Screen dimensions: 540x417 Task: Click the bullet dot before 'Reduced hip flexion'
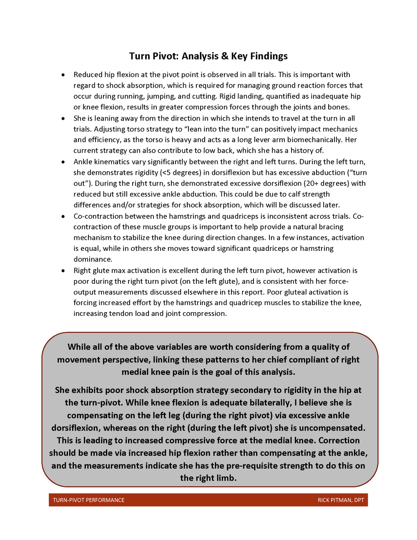63,75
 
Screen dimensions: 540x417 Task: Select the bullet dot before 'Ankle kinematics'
63,162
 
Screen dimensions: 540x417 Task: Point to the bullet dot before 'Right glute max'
63,270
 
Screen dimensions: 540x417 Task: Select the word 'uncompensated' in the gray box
332,428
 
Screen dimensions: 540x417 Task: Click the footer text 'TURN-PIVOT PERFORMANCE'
88,500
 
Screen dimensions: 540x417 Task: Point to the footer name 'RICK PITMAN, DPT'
341,500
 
